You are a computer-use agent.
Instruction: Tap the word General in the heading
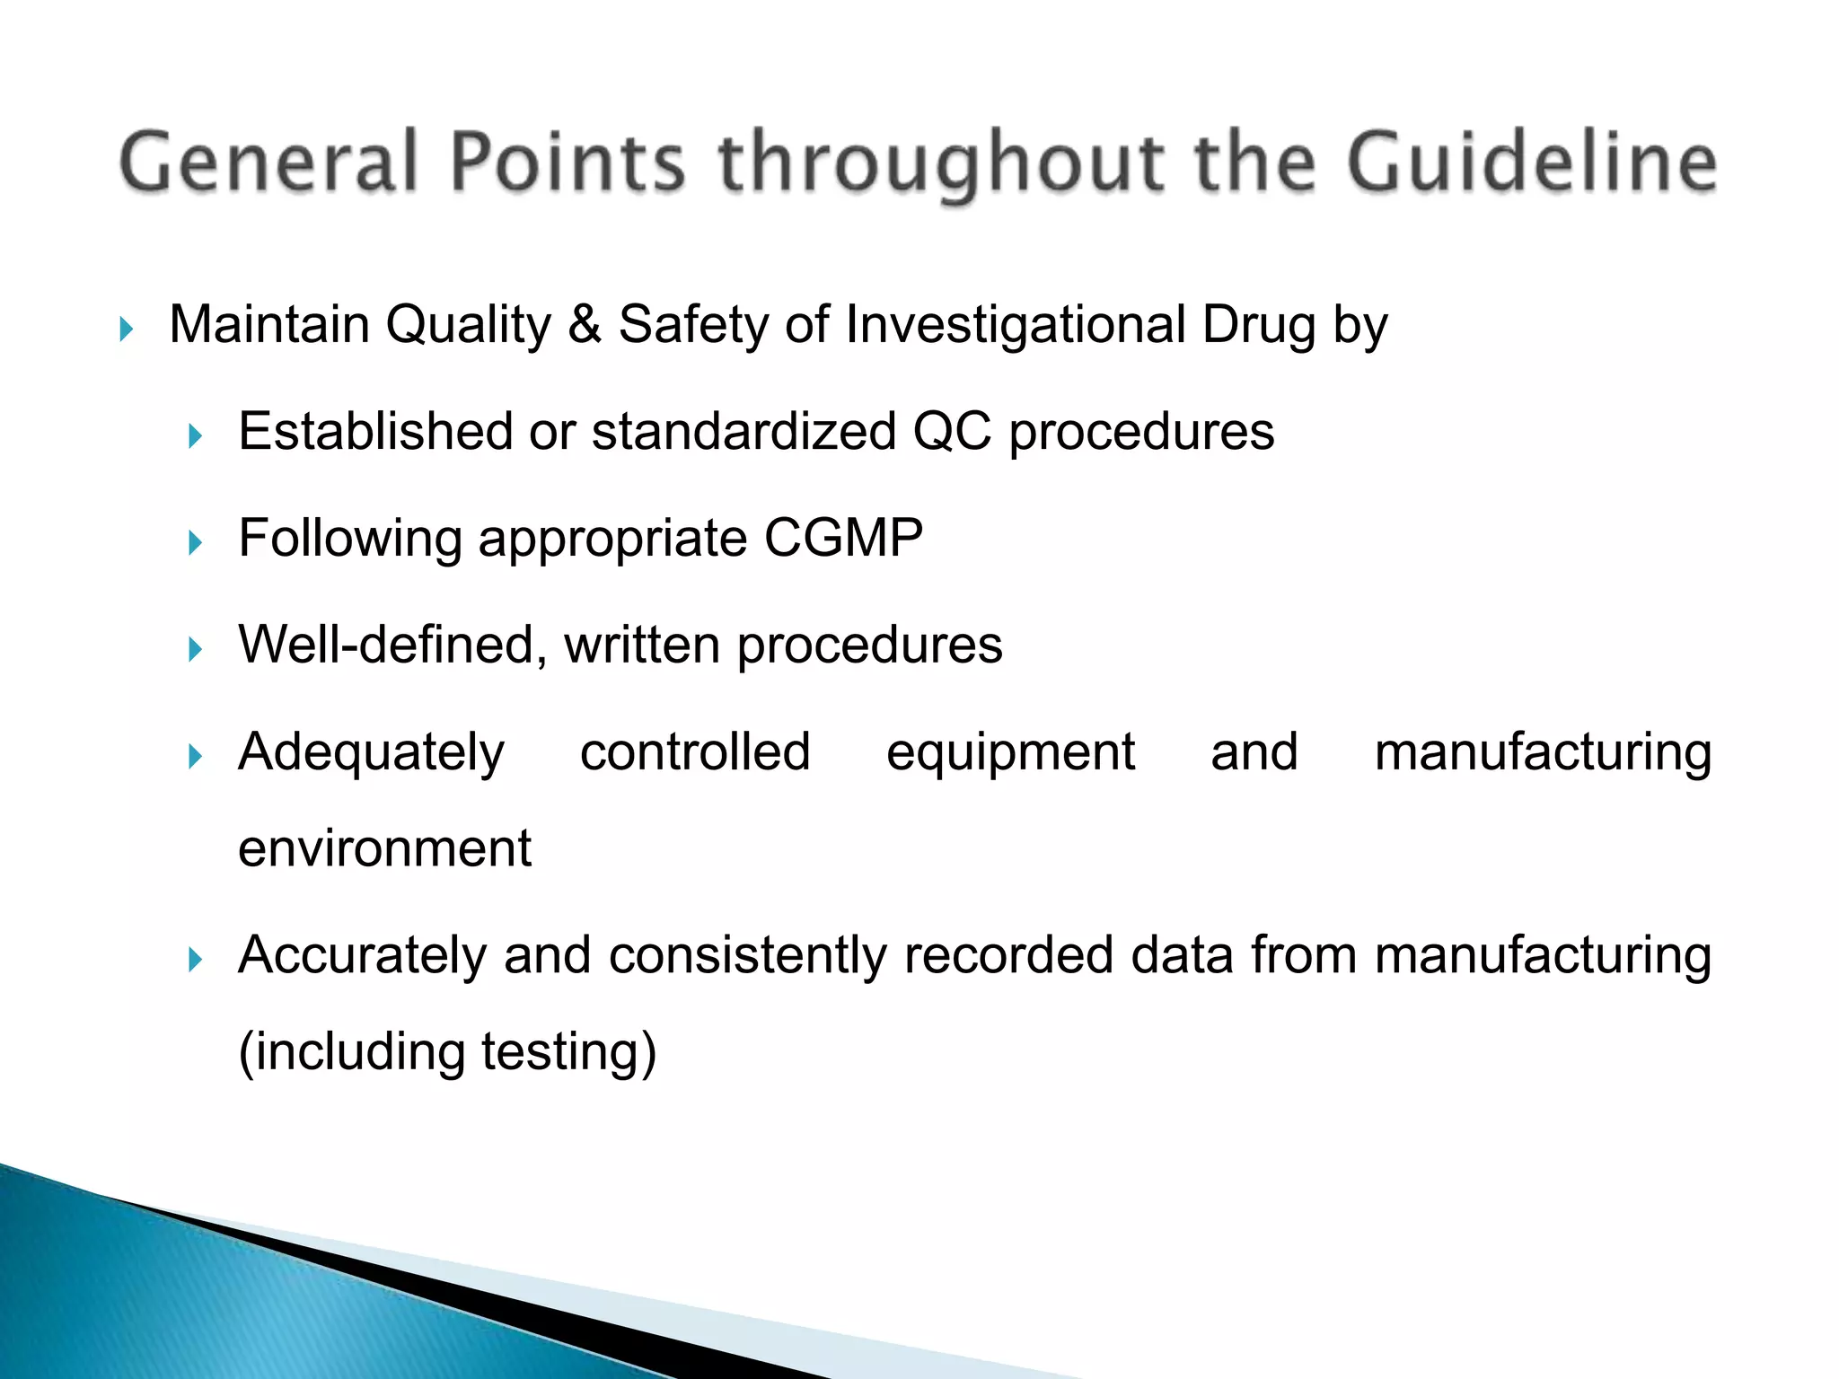269,163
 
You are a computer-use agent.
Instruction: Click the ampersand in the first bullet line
585,324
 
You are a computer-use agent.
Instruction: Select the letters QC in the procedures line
952,432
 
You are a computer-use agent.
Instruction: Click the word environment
384,848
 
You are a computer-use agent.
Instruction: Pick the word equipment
1010,751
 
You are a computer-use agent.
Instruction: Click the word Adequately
371,751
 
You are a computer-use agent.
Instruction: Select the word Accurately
362,954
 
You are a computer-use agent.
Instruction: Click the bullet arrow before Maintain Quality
126,329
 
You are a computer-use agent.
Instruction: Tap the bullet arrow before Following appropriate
195,543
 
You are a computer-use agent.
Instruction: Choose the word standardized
744,432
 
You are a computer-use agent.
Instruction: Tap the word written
642,645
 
